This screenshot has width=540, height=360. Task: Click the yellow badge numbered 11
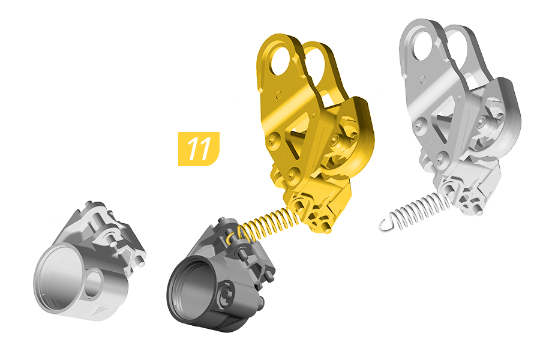[x=199, y=149]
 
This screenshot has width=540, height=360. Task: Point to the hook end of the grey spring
[x=386, y=224]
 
